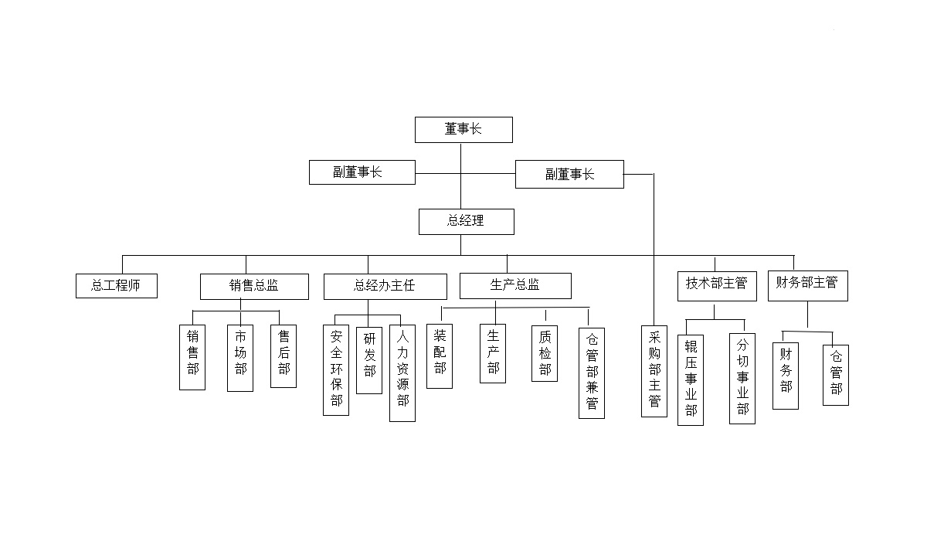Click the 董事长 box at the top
click(463, 130)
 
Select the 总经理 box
click(466, 221)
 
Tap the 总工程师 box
click(117, 285)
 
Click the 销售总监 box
click(254, 286)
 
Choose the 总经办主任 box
click(385, 286)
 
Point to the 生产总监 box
click(515, 285)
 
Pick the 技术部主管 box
click(716, 284)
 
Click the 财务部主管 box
click(807, 284)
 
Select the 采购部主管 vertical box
click(654, 371)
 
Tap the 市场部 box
click(240, 358)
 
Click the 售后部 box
click(284, 356)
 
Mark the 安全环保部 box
click(336, 369)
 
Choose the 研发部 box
click(369, 359)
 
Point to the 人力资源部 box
click(402, 373)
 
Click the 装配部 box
click(440, 356)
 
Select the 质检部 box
click(545, 353)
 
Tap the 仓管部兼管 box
click(592, 373)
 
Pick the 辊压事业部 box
click(691, 379)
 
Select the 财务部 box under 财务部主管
click(786, 369)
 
